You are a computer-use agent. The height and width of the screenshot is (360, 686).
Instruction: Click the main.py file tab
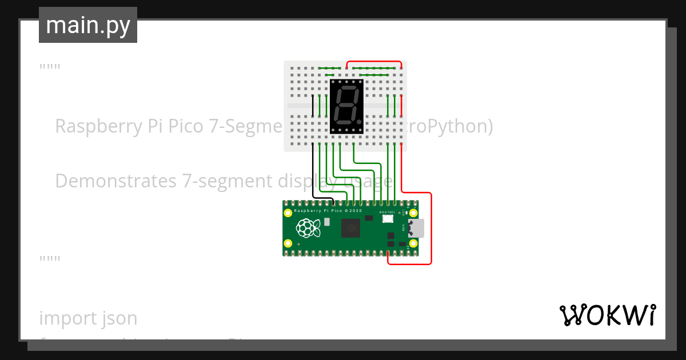(x=87, y=26)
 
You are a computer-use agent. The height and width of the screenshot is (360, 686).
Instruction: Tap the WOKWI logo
(x=607, y=315)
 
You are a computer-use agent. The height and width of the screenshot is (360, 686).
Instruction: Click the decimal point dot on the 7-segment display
(x=358, y=122)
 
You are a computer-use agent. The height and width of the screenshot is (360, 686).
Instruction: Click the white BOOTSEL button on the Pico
(x=388, y=218)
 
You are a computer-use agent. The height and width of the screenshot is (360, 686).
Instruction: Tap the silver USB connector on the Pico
(x=417, y=228)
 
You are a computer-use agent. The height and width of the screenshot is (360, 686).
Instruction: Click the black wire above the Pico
(x=313, y=171)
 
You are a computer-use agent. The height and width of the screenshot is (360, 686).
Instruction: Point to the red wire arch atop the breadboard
(x=374, y=62)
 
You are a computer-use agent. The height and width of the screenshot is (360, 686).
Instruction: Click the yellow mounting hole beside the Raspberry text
(x=288, y=213)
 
